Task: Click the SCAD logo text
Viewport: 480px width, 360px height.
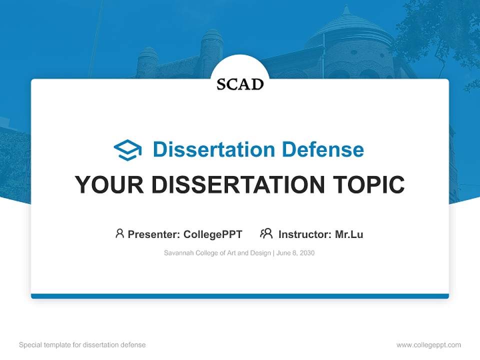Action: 240,84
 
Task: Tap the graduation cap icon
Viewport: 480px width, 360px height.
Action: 127,150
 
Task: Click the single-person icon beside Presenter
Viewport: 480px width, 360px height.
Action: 119,233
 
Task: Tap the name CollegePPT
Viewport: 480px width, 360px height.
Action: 212,234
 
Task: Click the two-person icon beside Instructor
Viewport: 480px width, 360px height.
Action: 266,233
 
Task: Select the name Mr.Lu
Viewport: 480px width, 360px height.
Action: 349,234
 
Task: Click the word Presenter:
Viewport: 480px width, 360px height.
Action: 154,234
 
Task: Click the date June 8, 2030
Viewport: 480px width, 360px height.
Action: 295,253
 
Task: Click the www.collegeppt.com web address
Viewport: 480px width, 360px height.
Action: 428,345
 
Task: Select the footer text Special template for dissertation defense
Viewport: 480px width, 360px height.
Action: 82,345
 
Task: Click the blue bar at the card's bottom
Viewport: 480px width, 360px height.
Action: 240,296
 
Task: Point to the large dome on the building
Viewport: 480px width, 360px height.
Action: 347,35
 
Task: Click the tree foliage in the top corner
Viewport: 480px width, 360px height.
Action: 440,30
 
